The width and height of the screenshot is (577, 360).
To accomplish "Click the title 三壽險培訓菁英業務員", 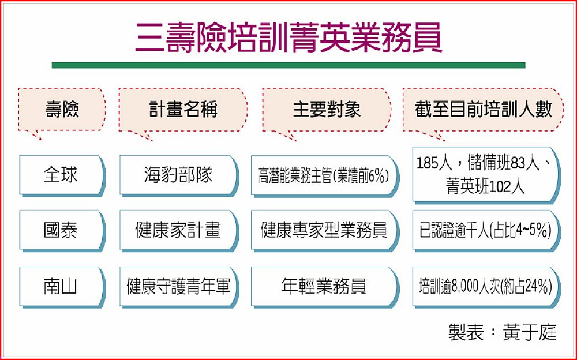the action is pyautogui.click(x=288, y=37).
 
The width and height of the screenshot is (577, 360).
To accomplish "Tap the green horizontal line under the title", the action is pyautogui.click(x=288, y=66).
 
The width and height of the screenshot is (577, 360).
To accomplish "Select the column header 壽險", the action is pyautogui.click(x=62, y=109).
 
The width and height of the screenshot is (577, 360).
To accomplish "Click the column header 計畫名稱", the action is pyautogui.click(x=183, y=109).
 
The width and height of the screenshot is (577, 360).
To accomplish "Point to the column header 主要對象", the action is pyautogui.click(x=327, y=109).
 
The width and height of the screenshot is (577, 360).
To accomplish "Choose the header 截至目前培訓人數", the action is pyautogui.click(x=483, y=109).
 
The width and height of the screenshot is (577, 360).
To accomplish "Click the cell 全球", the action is pyautogui.click(x=62, y=175).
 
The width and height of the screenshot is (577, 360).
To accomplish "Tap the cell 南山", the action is pyautogui.click(x=62, y=287).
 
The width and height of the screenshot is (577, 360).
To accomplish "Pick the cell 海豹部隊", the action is pyautogui.click(x=179, y=175).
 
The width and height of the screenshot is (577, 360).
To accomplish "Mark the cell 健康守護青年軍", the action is pyautogui.click(x=179, y=287).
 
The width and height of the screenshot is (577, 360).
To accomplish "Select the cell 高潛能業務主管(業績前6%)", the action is pyautogui.click(x=325, y=175).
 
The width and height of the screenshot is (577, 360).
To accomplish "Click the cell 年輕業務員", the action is pyautogui.click(x=325, y=287).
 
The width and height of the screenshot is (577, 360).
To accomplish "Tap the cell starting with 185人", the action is pyautogui.click(x=486, y=175).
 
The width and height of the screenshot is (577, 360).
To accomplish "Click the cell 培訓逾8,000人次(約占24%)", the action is pyautogui.click(x=486, y=287).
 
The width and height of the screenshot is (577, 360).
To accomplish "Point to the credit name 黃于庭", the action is pyautogui.click(x=530, y=332).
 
